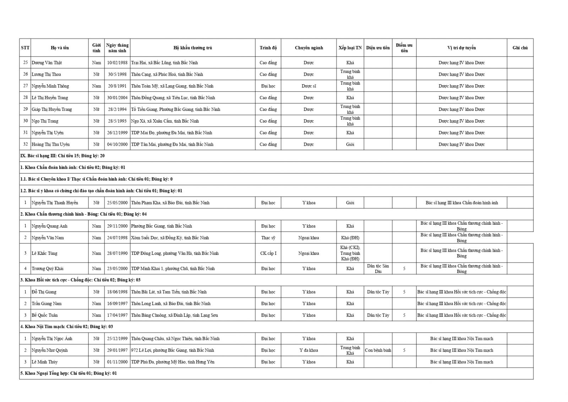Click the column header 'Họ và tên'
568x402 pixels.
point(60,48)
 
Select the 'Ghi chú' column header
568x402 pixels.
point(520,48)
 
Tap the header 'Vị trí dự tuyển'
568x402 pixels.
point(461,48)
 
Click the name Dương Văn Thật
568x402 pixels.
point(47,63)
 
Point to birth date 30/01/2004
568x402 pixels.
point(117,98)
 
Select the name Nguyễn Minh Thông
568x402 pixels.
point(50,86)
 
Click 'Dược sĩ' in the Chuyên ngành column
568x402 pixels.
point(308,86)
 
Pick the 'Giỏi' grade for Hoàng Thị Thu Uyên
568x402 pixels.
point(350,145)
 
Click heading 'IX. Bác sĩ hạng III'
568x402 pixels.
point(62,156)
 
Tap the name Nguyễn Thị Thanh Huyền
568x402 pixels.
point(55,203)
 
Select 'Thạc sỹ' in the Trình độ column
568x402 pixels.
point(268,238)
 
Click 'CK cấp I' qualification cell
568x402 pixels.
point(268,253)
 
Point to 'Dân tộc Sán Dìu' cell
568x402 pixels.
point(378,269)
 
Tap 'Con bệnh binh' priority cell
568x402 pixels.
point(378,350)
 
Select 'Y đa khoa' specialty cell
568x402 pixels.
point(308,350)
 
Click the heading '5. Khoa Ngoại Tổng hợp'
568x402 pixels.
point(68,373)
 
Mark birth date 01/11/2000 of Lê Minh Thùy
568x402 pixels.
point(117,362)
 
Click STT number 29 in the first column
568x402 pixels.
point(25,109)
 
